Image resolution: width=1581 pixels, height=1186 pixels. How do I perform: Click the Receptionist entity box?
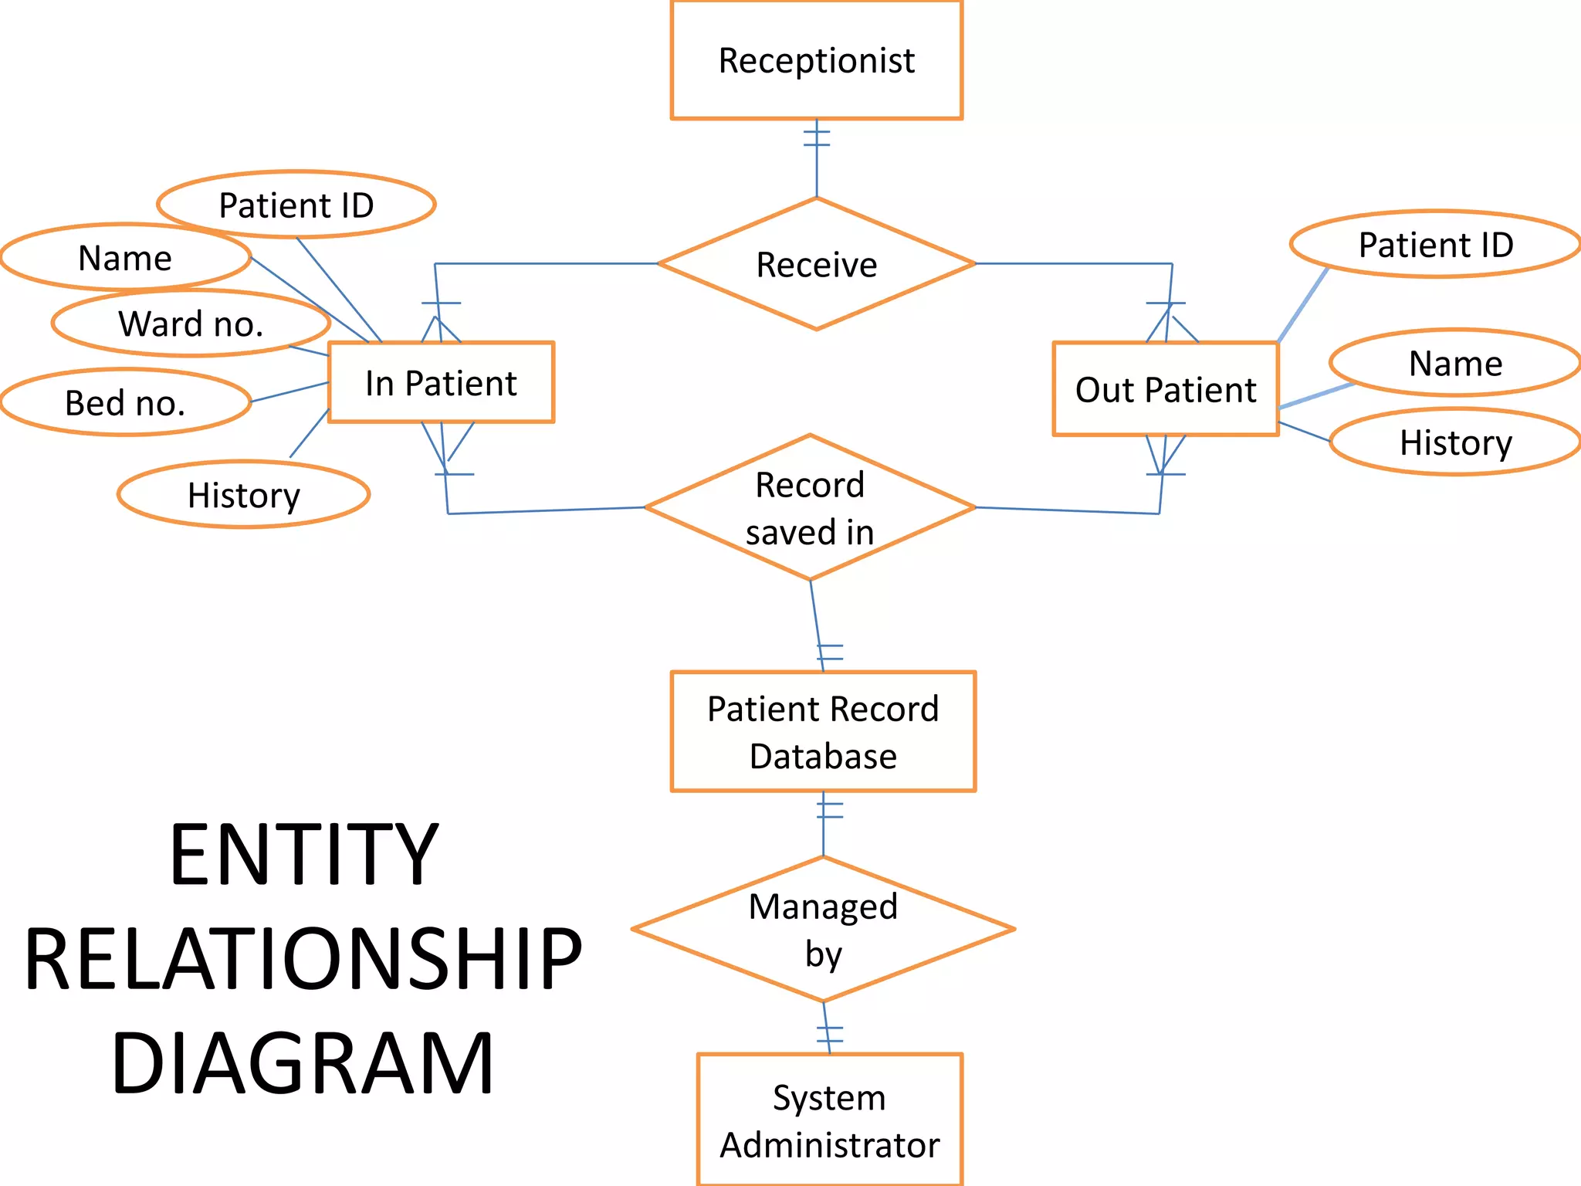[x=816, y=60]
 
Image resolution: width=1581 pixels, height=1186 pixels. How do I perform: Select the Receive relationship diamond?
[x=816, y=264]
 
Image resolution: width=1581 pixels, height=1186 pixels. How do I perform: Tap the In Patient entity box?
[x=441, y=383]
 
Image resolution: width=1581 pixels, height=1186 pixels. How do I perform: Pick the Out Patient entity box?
[x=1166, y=389]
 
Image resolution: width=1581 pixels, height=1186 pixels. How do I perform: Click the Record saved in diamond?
[x=810, y=508]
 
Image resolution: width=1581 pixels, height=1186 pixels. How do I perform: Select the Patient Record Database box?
[x=823, y=731]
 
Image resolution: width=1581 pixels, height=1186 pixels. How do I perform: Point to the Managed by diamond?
[x=823, y=930]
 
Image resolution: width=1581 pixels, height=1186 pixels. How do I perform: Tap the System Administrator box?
[x=829, y=1120]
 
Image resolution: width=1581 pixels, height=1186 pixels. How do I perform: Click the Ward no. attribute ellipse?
[x=191, y=324]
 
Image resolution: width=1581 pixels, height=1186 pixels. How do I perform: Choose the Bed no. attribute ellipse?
[x=125, y=402]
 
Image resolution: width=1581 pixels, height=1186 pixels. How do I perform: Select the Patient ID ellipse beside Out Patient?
[x=1435, y=245]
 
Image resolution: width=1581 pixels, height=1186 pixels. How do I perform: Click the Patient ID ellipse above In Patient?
[x=296, y=205]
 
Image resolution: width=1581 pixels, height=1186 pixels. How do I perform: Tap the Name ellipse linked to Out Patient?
[x=1455, y=363]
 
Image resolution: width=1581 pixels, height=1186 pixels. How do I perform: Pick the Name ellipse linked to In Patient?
[x=125, y=257]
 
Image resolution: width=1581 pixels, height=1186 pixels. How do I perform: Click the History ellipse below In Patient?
[x=243, y=495]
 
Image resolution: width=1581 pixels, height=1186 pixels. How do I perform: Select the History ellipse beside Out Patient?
[x=1455, y=442]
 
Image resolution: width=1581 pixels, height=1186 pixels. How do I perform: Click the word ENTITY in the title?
[x=303, y=855]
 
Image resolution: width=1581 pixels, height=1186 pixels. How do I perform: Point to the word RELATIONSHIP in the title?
[x=303, y=959]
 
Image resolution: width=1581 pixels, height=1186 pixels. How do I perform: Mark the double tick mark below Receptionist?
[x=816, y=138]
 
